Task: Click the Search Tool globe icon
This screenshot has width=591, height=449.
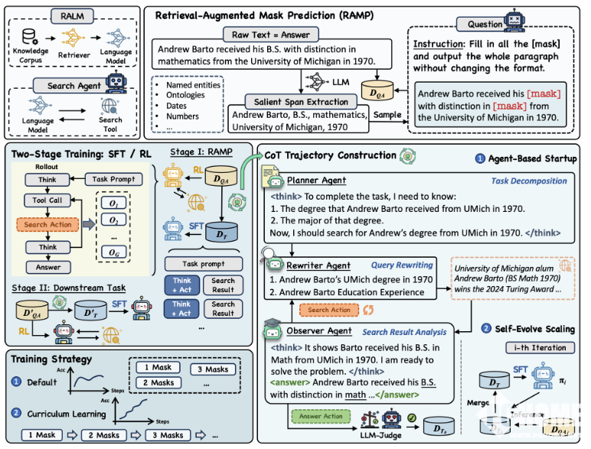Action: (x=109, y=106)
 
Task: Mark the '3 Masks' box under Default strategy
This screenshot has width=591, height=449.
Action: (x=210, y=369)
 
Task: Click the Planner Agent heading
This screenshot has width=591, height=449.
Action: (x=317, y=181)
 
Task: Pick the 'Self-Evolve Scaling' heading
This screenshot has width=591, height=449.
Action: (x=534, y=329)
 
